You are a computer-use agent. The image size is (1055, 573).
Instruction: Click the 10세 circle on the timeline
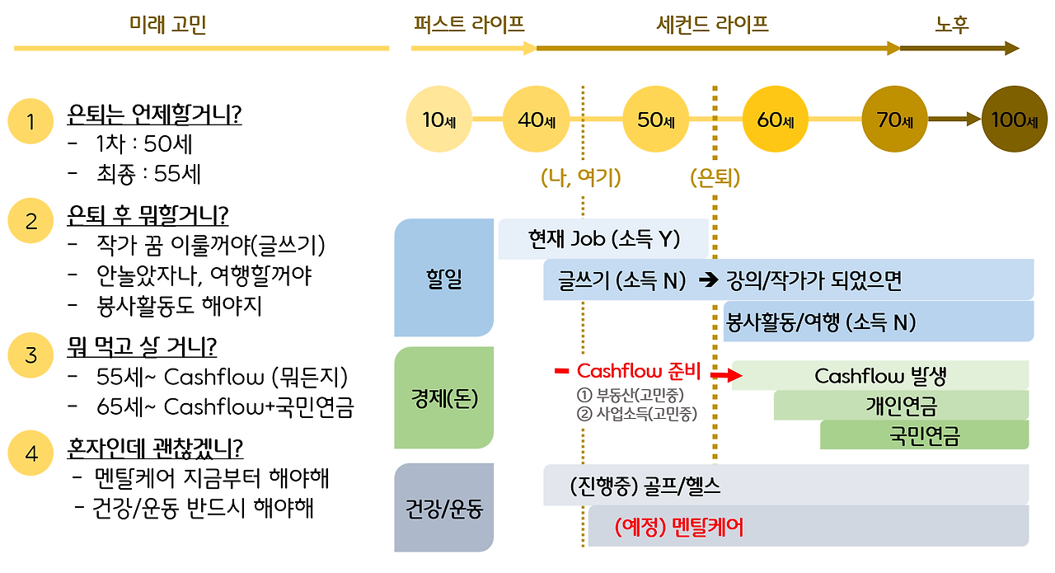[x=442, y=120]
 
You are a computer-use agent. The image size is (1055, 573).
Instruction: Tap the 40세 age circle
[x=537, y=120]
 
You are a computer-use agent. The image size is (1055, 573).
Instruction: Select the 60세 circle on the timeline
[x=776, y=120]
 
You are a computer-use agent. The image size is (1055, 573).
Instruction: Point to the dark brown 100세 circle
[x=1015, y=120]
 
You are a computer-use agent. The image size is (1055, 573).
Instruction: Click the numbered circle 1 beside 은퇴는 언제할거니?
[x=31, y=122]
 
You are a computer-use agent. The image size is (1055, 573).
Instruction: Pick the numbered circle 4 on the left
[x=31, y=454]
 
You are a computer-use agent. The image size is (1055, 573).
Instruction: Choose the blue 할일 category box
[x=444, y=278]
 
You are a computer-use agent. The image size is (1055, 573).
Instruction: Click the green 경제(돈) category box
[x=444, y=397]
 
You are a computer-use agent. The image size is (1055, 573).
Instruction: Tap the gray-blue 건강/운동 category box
[x=444, y=507]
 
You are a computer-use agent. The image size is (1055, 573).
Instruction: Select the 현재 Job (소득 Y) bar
[x=603, y=239]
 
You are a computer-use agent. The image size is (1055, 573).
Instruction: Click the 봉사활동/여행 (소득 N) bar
[x=878, y=322]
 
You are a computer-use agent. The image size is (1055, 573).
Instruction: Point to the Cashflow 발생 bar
[x=880, y=376]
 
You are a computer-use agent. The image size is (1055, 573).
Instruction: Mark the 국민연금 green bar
[x=924, y=434]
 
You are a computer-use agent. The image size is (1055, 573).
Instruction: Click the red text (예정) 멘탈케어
[x=679, y=527]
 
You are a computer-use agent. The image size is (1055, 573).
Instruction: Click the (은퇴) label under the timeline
[x=715, y=177]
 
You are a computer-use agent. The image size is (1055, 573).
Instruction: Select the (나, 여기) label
[x=581, y=177]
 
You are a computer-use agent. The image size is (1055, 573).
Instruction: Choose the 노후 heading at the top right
[x=952, y=25]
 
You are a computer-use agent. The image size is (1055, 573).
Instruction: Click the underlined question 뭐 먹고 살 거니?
[x=153, y=347]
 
